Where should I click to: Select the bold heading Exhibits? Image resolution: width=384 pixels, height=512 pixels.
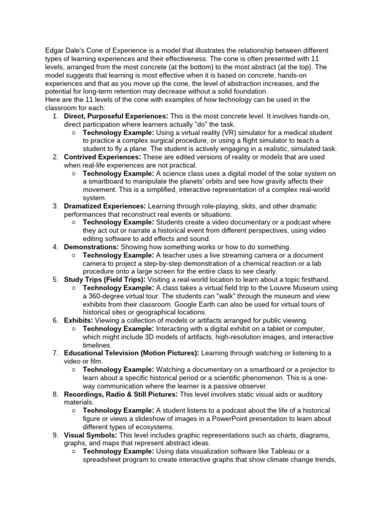pyautogui.click(x=78, y=320)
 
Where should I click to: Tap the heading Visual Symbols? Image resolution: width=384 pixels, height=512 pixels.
pyautogui.click(x=90, y=434)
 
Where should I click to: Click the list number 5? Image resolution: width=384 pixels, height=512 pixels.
pyautogui.click(x=55, y=279)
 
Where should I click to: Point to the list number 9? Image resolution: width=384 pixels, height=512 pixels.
pyautogui.click(x=55, y=434)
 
